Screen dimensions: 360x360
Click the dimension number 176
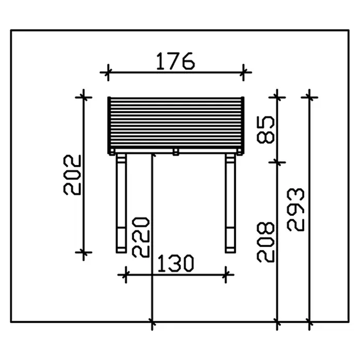[x=175, y=61]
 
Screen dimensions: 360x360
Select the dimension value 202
[x=72, y=175]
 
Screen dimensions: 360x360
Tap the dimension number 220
[x=141, y=237]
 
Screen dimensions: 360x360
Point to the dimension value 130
[x=176, y=263]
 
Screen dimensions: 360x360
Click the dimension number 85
[x=265, y=130]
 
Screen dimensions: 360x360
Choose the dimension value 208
[x=265, y=242]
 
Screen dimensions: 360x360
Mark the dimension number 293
[x=296, y=209]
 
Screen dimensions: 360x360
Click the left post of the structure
[x=121, y=203]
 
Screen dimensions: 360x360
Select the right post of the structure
[x=230, y=203]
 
